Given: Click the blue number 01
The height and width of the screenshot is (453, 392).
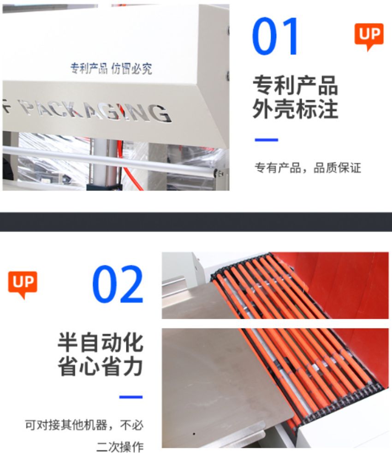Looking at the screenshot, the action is click(x=275, y=36).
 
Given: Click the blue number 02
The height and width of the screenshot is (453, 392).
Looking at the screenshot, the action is click(x=118, y=284).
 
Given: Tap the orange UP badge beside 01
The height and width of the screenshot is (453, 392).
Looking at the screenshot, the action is click(x=369, y=37).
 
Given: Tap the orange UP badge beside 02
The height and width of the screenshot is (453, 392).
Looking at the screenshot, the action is click(x=23, y=285).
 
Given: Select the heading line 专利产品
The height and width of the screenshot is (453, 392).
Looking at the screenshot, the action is click(x=295, y=85).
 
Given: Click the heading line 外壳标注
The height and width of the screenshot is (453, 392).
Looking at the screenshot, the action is click(x=295, y=109).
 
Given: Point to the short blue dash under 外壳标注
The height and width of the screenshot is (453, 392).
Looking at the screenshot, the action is click(x=267, y=140).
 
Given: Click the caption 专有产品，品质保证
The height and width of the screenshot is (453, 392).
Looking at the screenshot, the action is click(x=308, y=168).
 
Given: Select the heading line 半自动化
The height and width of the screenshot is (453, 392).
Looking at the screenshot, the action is click(x=101, y=343).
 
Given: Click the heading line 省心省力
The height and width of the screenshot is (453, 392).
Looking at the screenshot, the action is click(x=101, y=366).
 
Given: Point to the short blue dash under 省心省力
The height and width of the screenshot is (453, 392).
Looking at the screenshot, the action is click(x=131, y=397).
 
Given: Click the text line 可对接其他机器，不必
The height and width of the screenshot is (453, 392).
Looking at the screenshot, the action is click(x=84, y=425).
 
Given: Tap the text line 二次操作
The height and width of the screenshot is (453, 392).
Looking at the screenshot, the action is click(x=120, y=447).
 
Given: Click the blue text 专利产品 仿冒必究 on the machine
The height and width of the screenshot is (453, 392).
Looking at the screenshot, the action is click(x=111, y=68).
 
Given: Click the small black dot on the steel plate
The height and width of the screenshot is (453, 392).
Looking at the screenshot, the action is click(x=194, y=434).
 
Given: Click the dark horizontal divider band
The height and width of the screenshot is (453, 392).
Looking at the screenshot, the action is click(x=196, y=222).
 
